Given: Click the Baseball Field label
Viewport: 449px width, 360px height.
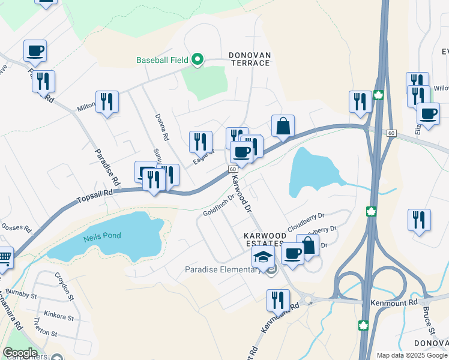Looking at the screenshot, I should [x=162, y=60].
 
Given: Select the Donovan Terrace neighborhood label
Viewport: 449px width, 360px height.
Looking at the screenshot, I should [x=250, y=59].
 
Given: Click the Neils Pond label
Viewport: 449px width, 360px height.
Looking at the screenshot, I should [x=103, y=236].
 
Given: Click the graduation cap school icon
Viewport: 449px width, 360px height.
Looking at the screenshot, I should [x=262, y=257].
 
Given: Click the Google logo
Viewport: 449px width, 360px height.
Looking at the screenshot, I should [x=20, y=353].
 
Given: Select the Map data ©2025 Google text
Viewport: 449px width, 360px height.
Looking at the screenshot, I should [x=412, y=355].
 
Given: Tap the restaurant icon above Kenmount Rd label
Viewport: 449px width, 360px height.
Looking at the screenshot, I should [x=278, y=299].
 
